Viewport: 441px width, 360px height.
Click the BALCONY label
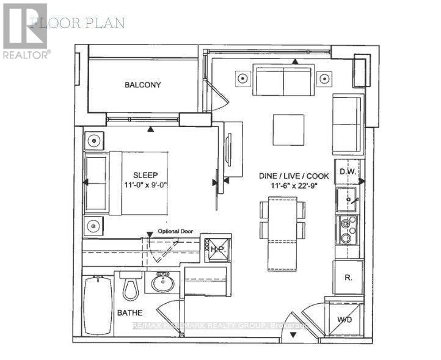click(x=143, y=85)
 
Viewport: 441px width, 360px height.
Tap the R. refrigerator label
click(x=347, y=277)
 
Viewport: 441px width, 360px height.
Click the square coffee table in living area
click(x=288, y=130)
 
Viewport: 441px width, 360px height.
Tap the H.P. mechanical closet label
click(x=217, y=249)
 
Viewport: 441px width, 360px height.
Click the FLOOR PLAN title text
click(x=78, y=23)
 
